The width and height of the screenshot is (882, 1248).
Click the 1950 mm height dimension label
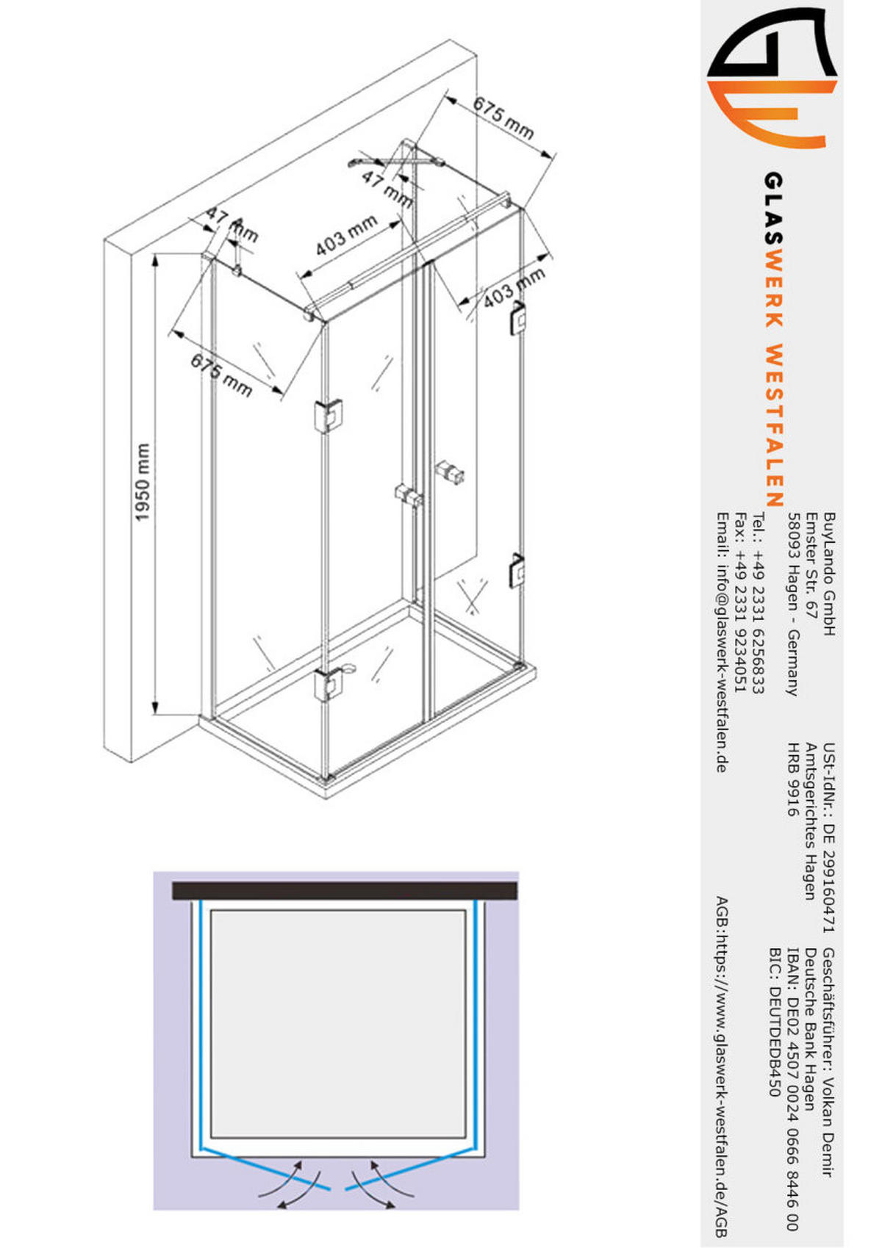point(143,482)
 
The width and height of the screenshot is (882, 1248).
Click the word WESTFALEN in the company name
point(774,425)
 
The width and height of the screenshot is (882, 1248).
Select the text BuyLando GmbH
point(829,574)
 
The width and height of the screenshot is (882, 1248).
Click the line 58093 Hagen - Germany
point(793,604)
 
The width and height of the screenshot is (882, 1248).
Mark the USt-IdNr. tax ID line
point(829,837)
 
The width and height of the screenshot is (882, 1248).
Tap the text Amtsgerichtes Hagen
point(811,821)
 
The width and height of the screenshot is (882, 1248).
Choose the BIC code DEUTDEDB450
point(773,1022)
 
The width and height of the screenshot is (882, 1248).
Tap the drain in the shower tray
point(346,668)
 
